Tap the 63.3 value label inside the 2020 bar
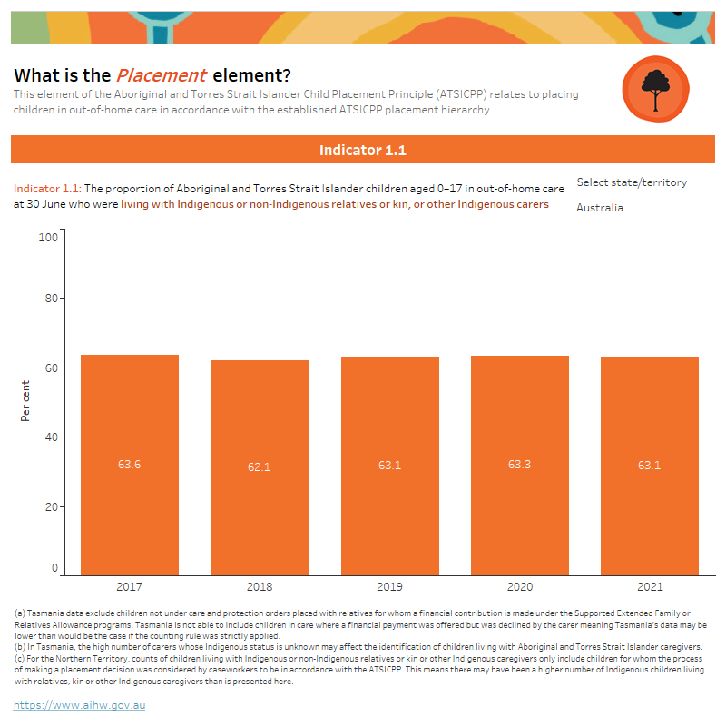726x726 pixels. point(520,465)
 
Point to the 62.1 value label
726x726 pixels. point(260,466)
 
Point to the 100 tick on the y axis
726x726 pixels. point(48,237)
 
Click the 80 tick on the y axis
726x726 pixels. point(51,299)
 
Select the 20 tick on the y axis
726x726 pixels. point(51,506)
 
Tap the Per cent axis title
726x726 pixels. point(25,401)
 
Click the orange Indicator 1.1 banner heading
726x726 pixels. point(363,150)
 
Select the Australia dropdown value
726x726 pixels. point(600,208)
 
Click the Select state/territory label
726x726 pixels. point(632,182)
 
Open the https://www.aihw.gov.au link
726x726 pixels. point(80,704)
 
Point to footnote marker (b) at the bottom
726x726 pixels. point(20,646)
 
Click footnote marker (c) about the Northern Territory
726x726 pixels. point(20,659)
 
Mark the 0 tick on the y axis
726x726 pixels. point(54,568)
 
